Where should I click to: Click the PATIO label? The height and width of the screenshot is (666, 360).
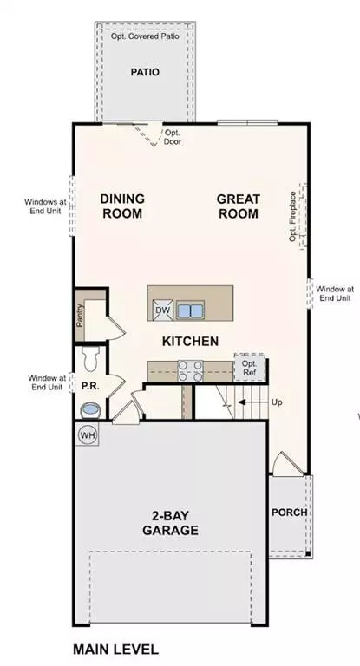point(145,73)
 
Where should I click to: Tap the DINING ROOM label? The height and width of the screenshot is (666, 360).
point(121,206)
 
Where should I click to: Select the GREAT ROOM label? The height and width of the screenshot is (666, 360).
point(239,206)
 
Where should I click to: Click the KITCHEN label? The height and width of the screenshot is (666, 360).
point(190,342)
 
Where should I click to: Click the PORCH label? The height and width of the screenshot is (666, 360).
point(289,512)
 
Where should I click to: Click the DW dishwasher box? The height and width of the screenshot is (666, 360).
point(162,310)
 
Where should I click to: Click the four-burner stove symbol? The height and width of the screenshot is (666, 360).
point(190,370)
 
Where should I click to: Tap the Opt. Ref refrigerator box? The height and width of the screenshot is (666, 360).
point(249,368)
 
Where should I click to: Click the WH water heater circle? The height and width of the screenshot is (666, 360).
point(88,434)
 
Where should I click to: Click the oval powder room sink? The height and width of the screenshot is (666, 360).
point(89,408)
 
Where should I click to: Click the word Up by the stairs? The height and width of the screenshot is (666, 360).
point(277,402)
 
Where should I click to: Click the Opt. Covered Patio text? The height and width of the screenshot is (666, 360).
point(144,36)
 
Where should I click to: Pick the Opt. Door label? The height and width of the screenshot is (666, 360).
point(173,137)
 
